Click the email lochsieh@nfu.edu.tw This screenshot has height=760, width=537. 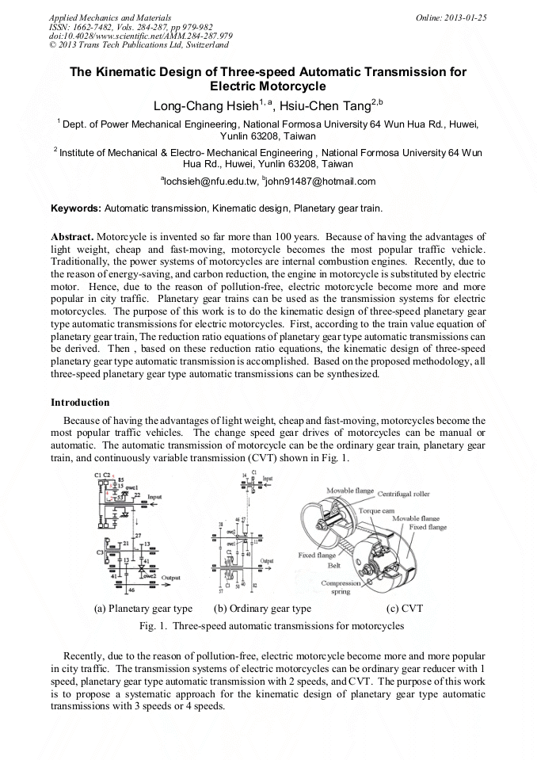click(x=208, y=181)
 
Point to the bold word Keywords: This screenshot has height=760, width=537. click(x=75, y=208)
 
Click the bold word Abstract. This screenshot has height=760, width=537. click(x=73, y=237)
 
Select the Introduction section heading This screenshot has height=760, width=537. click(x=80, y=403)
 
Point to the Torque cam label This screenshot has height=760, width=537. click(x=356, y=512)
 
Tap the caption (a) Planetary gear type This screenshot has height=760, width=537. click(x=143, y=609)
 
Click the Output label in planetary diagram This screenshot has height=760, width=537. click(x=171, y=578)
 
